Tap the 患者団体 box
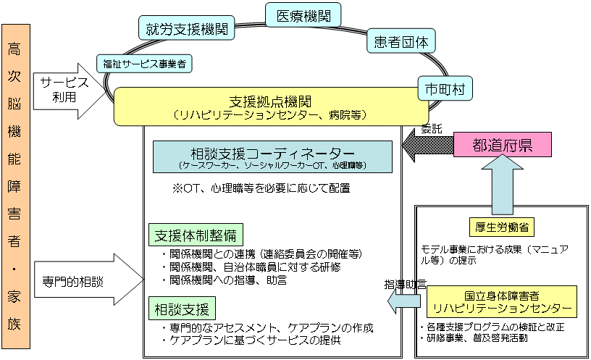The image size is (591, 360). tap(401, 42)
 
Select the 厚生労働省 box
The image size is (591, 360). tap(507, 227)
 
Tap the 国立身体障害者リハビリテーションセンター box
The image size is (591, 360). tap(501, 303)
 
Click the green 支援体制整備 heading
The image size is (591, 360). tap(195, 236)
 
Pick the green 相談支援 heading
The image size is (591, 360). tap(181, 309)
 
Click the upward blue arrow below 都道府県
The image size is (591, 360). tap(503, 188)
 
